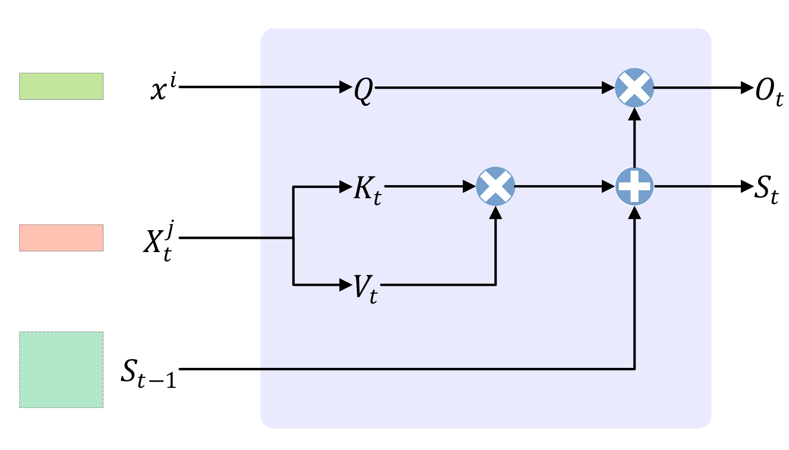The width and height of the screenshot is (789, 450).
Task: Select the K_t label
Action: tap(367, 189)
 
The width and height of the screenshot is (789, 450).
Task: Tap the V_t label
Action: tap(365, 288)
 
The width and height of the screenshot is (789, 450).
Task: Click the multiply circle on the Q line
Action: tap(635, 88)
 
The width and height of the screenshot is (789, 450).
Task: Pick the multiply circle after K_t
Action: tap(495, 186)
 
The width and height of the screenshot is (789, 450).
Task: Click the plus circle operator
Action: tap(635, 186)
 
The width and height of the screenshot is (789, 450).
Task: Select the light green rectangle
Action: tap(61, 86)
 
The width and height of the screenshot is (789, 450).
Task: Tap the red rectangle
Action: tap(61, 237)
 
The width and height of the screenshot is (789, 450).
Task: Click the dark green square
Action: tap(61, 369)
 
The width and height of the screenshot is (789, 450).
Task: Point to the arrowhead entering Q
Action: tap(346, 87)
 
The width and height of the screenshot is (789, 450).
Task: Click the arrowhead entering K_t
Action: tap(346, 187)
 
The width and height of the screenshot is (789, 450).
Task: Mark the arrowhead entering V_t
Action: tap(346, 285)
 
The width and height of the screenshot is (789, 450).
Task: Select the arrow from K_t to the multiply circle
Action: tap(428, 187)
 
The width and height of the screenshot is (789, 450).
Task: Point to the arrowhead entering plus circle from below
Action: tap(635, 213)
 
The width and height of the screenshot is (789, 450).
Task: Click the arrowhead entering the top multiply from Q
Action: tap(608, 88)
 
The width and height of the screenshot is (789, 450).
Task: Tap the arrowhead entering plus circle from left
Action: tap(608, 187)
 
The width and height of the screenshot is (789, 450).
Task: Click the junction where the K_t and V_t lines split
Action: tap(293, 238)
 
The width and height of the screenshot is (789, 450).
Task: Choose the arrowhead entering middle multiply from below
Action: tap(496, 213)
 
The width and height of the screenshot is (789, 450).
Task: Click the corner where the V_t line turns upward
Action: tap(496, 285)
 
